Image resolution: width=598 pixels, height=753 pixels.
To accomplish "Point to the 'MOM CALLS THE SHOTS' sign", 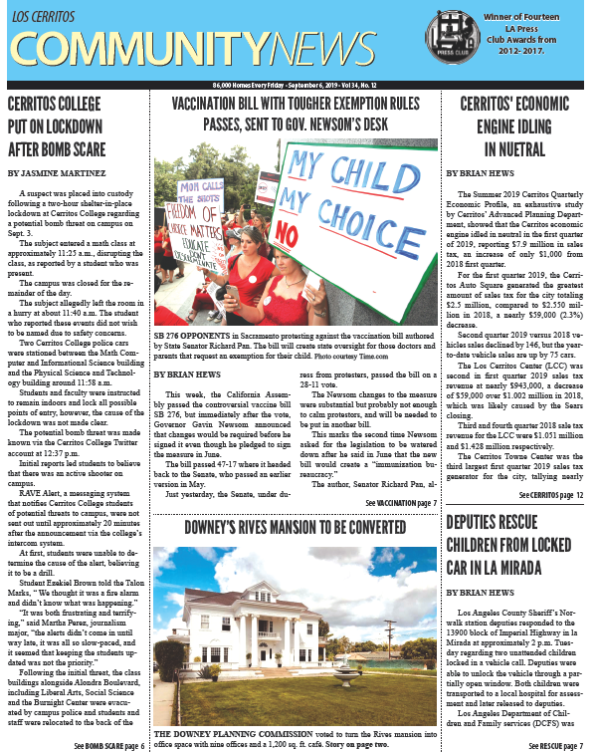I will pyautogui.click(x=197, y=196).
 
